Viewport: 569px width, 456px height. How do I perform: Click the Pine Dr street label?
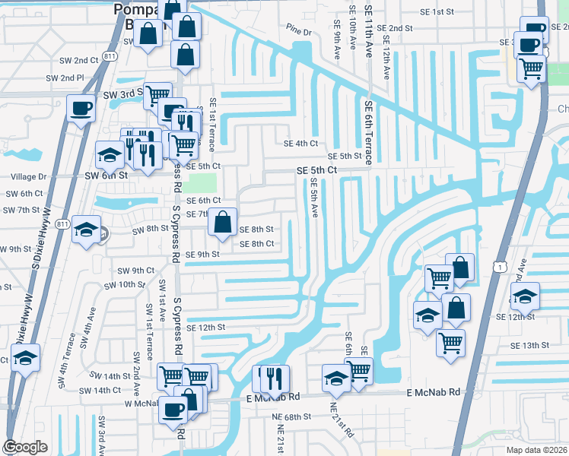(300, 32)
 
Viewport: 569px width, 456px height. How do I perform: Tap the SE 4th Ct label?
(300, 143)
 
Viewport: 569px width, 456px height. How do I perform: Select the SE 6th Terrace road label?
(369, 133)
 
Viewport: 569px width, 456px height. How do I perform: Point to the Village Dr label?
(28, 176)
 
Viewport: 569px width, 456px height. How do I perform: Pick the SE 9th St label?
(202, 255)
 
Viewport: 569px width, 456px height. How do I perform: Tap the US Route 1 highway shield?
(497, 266)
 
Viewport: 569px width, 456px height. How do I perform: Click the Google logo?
(26, 447)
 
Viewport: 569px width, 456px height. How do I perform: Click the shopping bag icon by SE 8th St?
(222, 223)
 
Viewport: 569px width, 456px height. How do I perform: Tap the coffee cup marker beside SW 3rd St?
(81, 107)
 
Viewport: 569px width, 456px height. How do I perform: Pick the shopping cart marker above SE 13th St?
(451, 341)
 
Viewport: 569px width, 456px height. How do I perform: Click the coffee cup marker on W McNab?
(174, 410)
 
